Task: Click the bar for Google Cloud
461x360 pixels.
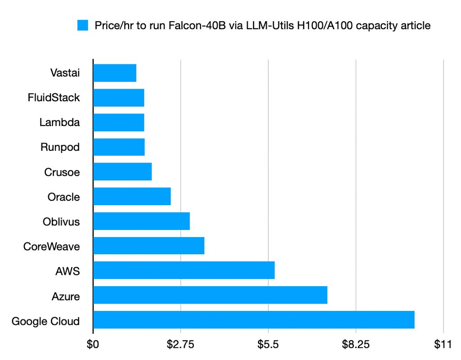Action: coord(253,319)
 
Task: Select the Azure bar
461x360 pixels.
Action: coord(210,295)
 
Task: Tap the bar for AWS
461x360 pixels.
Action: coord(184,270)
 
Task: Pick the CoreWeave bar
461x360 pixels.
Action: coord(149,245)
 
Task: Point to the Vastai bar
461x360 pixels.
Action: coord(115,73)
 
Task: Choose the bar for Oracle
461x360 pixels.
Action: coord(132,196)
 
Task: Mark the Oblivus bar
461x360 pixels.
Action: coord(141,221)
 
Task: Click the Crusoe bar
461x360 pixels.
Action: coord(122,171)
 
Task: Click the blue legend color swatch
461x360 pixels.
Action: coord(84,26)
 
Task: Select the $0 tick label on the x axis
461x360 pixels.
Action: coord(93,345)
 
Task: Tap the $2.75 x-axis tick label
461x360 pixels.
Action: coord(181,345)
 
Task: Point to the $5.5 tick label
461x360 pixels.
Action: coord(268,345)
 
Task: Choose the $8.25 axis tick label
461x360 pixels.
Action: coord(356,345)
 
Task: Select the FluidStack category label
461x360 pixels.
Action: coord(54,97)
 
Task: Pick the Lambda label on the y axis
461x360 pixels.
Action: coord(59,122)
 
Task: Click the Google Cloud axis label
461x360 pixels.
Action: coord(45,321)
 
